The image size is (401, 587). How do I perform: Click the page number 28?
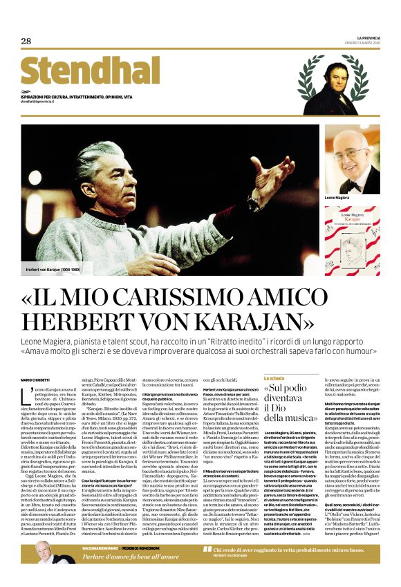pos(26,41)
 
